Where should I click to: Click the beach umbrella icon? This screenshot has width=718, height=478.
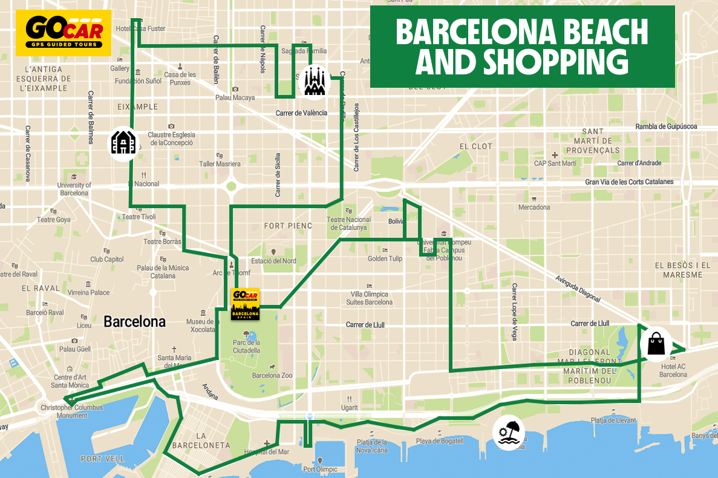[507, 434]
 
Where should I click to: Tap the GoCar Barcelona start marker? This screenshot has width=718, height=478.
[246, 304]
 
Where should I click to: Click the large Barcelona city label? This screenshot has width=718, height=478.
[134, 321]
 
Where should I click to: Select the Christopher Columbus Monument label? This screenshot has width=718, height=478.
[72, 411]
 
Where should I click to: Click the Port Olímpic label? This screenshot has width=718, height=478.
[320, 469]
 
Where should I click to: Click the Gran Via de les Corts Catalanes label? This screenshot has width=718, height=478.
[628, 182]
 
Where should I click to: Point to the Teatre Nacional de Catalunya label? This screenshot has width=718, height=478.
[349, 224]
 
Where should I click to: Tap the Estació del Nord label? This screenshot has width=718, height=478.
[273, 261]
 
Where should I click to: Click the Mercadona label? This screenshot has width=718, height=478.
[534, 208]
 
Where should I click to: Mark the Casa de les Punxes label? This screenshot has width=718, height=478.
[180, 78]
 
